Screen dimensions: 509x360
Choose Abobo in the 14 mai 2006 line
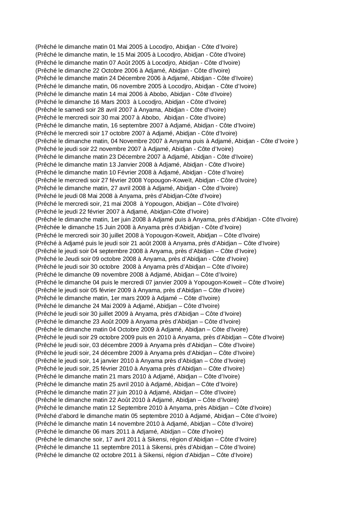[x=158, y=94]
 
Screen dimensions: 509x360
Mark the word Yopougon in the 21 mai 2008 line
[x=157, y=204]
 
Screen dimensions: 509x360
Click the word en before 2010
[x=152, y=337]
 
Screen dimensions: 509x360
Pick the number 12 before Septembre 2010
[x=112, y=408]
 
